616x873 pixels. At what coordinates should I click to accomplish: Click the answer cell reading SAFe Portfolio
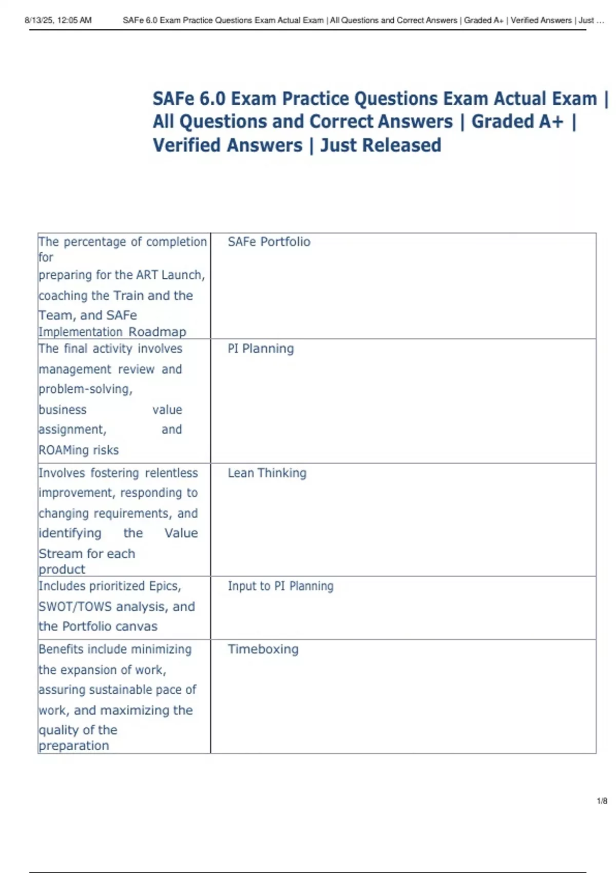(x=269, y=242)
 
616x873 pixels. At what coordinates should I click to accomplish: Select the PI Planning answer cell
(x=261, y=349)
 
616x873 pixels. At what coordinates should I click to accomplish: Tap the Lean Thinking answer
(x=267, y=473)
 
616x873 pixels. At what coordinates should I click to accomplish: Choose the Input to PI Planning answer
(x=280, y=586)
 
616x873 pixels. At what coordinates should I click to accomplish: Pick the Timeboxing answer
(x=263, y=649)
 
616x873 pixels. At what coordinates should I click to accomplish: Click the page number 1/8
(x=602, y=801)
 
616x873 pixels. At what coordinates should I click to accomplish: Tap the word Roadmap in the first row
(x=157, y=332)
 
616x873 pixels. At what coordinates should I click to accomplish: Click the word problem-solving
(x=85, y=389)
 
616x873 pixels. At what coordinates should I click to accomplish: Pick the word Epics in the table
(x=165, y=586)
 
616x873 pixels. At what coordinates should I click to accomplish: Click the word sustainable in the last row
(x=126, y=690)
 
